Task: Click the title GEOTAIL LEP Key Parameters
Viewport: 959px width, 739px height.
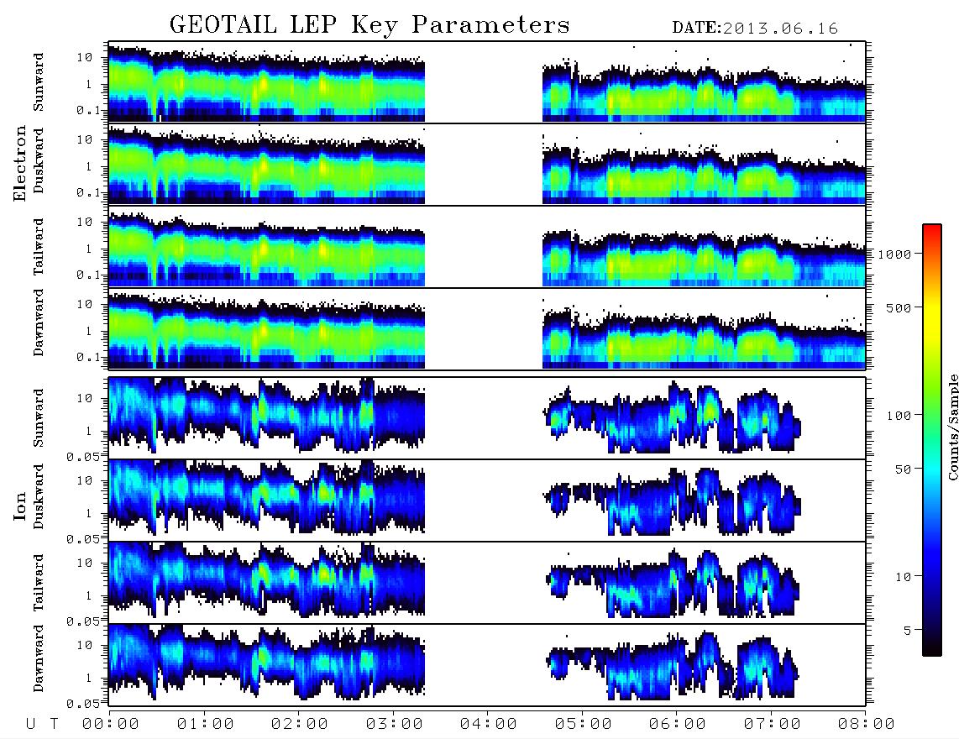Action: [369, 25]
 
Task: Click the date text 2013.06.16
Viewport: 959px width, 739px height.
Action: [780, 29]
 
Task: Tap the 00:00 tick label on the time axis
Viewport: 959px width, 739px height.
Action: [111, 724]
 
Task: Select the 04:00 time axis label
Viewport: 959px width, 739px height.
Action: [488, 724]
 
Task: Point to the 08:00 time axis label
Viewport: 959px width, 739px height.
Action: [866, 724]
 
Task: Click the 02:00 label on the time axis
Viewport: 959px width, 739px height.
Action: [300, 724]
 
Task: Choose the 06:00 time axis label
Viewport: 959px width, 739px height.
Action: [677, 724]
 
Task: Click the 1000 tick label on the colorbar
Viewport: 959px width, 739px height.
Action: [894, 254]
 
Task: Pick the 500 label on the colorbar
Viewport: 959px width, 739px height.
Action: [899, 307]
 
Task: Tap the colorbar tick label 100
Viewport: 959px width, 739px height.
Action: [899, 416]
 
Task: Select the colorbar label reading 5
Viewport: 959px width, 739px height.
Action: [908, 630]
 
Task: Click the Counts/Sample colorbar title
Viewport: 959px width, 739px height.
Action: [952, 427]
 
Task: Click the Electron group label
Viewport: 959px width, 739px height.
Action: [20, 164]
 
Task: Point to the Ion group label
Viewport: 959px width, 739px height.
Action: [20, 506]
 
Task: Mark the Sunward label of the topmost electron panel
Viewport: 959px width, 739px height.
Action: [39, 82]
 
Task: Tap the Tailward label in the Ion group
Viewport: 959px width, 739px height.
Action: [39, 583]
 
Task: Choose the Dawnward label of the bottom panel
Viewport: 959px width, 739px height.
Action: [39, 658]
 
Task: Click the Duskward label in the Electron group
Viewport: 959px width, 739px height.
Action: [39, 160]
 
